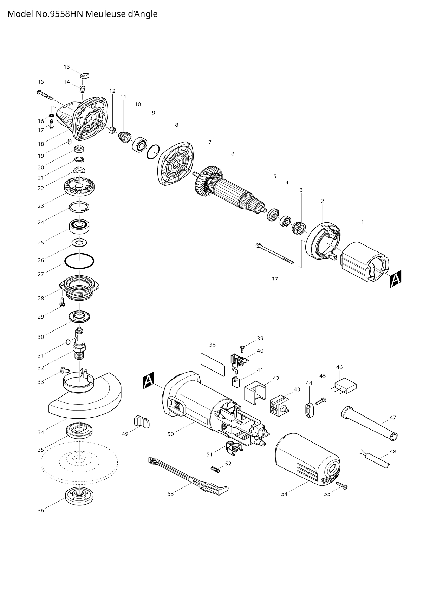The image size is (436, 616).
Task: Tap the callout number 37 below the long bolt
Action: click(x=275, y=279)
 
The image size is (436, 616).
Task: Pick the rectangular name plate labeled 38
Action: click(x=213, y=365)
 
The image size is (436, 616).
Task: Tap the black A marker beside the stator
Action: click(x=396, y=279)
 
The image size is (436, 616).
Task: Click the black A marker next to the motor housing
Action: click(x=149, y=381)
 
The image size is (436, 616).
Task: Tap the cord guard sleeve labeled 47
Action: click(x=369, y=423)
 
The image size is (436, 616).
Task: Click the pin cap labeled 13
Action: click(x=85, y=75)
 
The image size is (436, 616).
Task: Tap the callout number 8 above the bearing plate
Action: click(x=176, y=125)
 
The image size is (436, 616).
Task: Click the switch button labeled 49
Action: click(x=141, y=421)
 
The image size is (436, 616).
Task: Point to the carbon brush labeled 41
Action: click(x=235, y=381)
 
